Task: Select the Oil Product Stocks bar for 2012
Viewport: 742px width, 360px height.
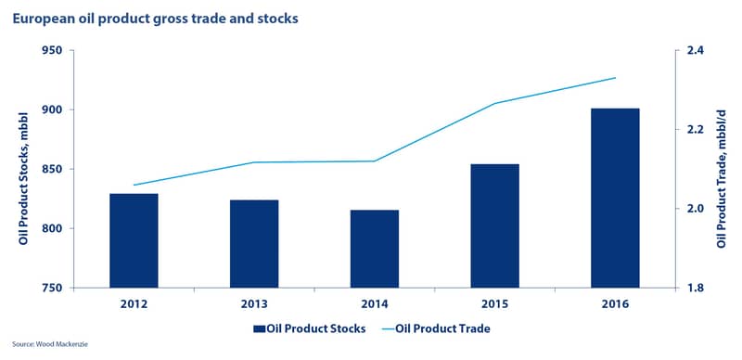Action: [x=134, y=240]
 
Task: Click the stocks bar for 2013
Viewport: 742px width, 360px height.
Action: [x=254, y=244]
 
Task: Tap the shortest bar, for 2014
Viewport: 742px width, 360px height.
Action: [x=375, y=249]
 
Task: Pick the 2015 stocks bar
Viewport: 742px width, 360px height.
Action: [x=495, y=226]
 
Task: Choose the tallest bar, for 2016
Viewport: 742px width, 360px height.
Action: [x=615, y=198]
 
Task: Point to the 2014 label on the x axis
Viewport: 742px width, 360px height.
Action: [x=375, y=303]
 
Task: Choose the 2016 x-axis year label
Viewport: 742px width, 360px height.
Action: [x=615, y=303]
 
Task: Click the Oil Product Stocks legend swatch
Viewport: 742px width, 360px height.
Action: [x=260, y=328]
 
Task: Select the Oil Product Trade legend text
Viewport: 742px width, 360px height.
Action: [x=442, y=328]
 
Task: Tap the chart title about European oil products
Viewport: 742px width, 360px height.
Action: [x=155, y=19]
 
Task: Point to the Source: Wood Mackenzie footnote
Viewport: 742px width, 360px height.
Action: [x=50, y=344]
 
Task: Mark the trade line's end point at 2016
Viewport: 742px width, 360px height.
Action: [x=615, y=78]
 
